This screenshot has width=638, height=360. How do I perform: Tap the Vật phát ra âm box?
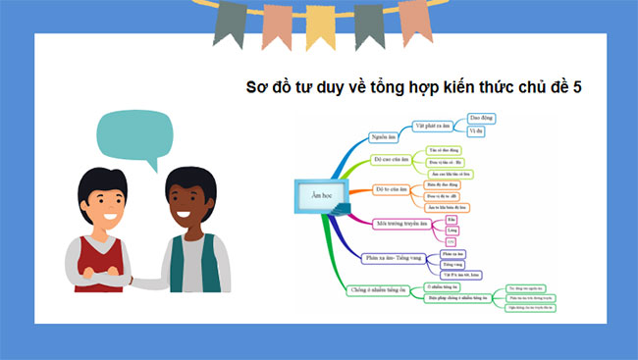(430, 127)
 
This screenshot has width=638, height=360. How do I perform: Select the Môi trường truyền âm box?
(402, 224)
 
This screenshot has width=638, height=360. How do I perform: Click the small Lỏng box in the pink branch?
(452, 231)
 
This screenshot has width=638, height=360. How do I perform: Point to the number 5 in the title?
(577, 87)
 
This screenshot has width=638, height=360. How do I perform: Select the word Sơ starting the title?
(257, 87)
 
